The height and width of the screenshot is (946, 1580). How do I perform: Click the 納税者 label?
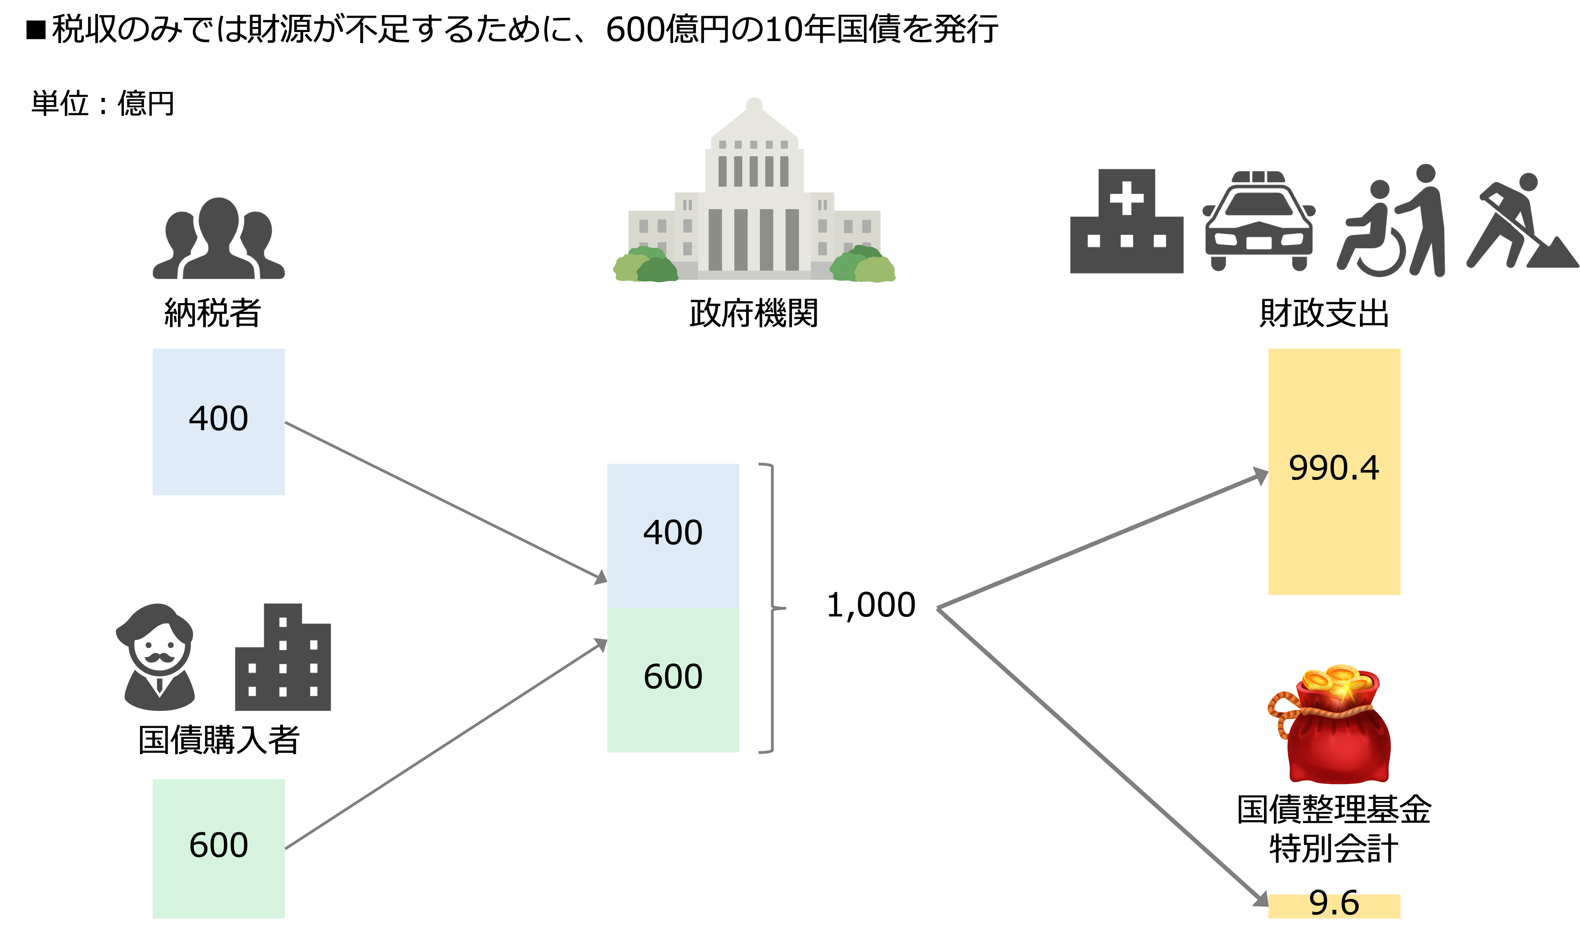(x=213, y=314)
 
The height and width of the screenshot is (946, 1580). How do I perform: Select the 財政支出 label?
(x=1324, y=316)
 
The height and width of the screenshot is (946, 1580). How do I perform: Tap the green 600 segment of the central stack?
(x=673, y=678)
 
